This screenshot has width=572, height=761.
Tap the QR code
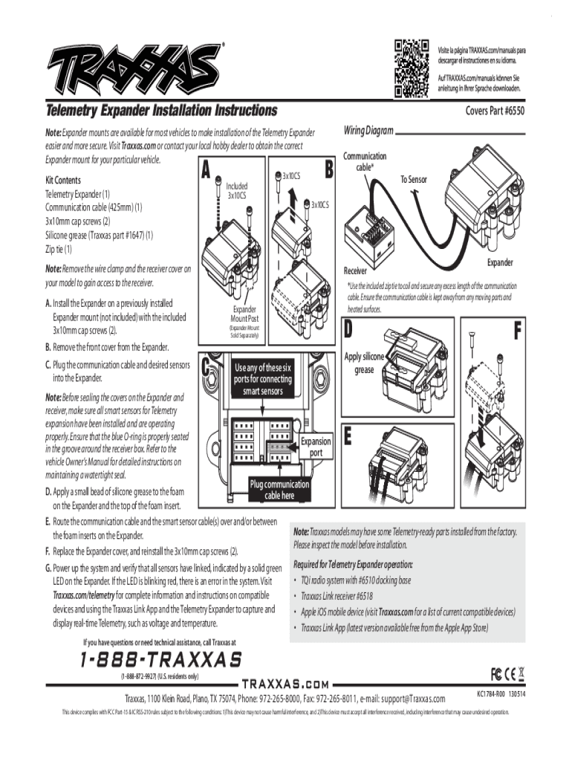412,68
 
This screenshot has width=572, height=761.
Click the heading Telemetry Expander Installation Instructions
161,111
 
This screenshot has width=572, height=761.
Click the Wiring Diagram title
368,131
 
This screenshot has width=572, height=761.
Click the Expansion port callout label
316,447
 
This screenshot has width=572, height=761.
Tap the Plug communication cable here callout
279,490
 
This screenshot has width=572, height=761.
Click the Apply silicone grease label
364,363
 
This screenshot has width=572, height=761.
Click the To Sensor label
417,179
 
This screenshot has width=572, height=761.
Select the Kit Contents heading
68,180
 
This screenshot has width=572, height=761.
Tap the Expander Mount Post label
244,314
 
